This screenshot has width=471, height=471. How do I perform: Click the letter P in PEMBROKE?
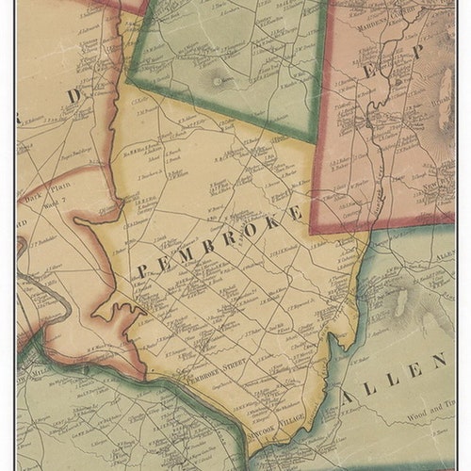[x=142, y=271]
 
